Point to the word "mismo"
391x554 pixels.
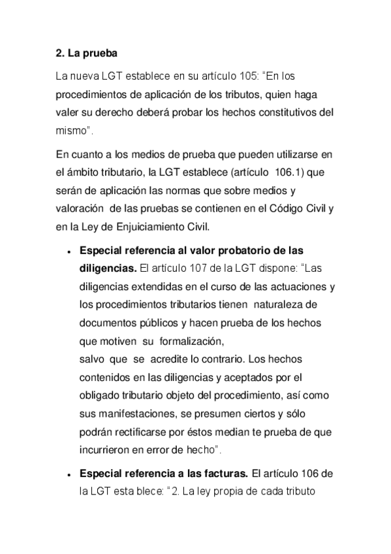[71, 131]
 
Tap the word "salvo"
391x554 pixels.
[91, 359]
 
